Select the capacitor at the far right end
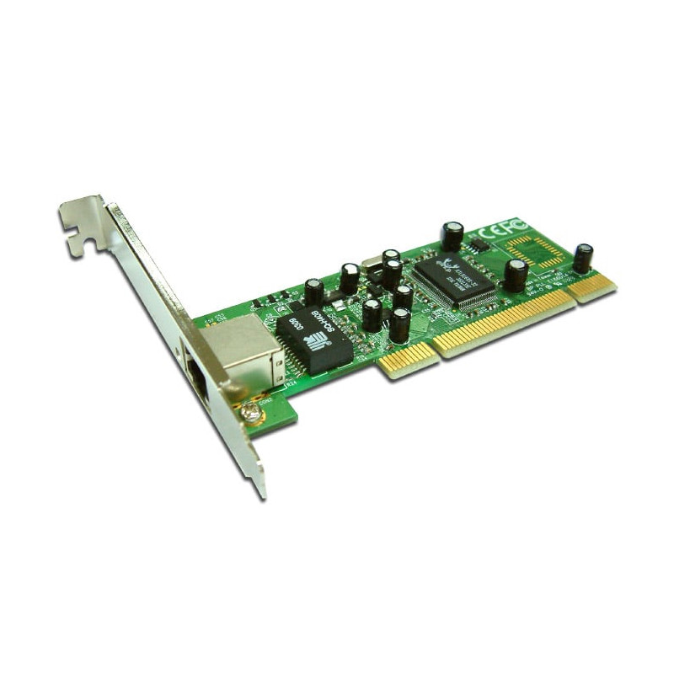coord(582,257)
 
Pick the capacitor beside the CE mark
coord(452,235)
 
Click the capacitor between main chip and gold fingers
coord(515,275)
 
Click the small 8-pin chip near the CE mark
coord(478,246)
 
